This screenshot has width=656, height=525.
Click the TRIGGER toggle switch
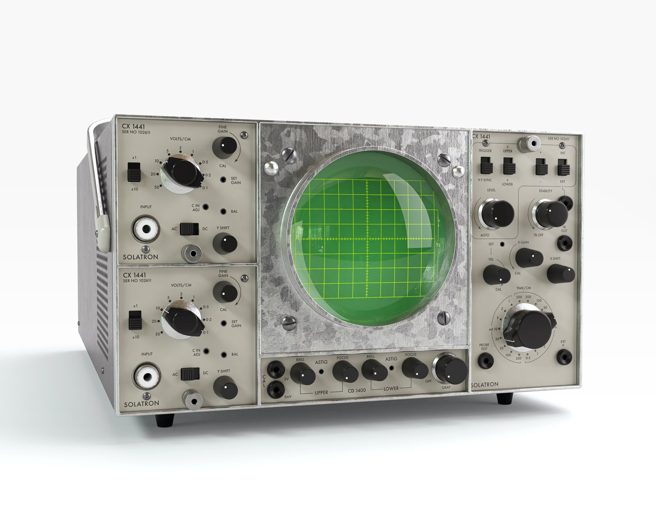tap(485, 167)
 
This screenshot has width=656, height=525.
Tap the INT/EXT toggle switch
tap(563, 168)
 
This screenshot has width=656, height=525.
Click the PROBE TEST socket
tap(484, 360)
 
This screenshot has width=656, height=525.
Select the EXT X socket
tap(563, 357)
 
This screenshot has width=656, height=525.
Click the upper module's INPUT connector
tap(145, 227)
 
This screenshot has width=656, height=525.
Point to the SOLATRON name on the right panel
tap(484, 385)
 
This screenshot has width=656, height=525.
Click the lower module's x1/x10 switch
tap(135, 320)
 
